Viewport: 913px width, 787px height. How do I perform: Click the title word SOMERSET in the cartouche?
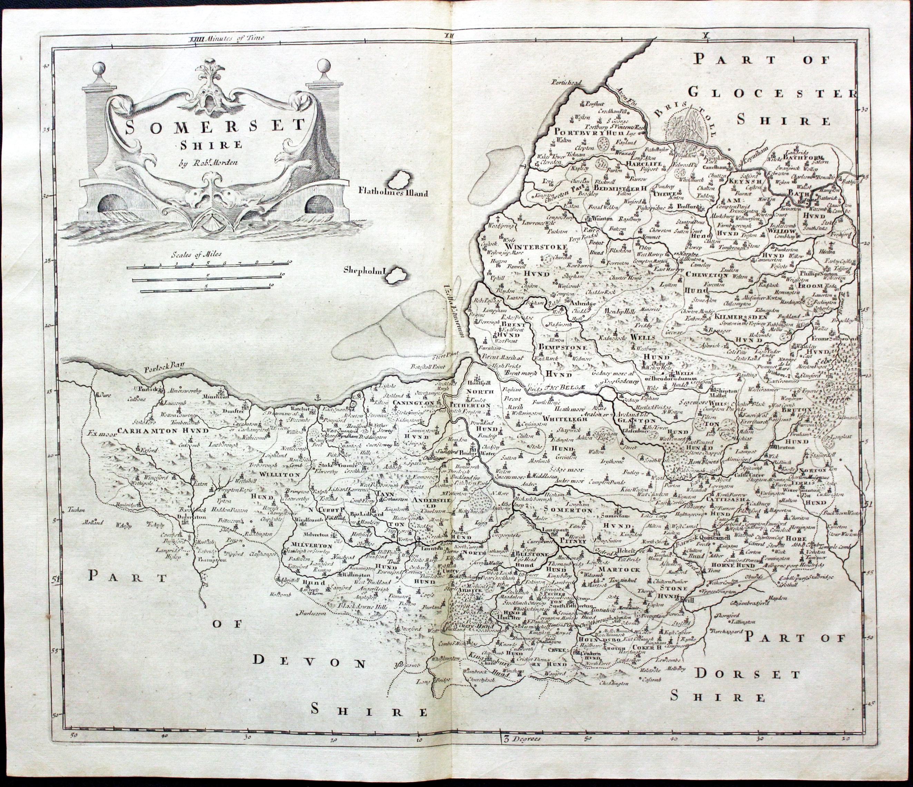pos(215,125)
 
